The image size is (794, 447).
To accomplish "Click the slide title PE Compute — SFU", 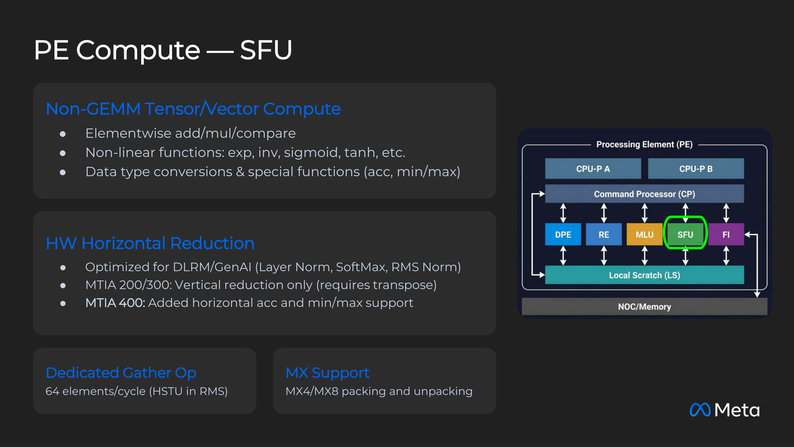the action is click(x=163, y=50).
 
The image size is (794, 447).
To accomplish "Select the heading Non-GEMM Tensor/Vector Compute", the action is click(x=193, y=109).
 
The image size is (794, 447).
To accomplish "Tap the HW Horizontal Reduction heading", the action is click(x=150, y=243).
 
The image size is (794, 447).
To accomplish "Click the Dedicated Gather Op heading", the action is click(x=121, y=373).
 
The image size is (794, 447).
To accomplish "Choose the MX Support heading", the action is click(x=328, y=373).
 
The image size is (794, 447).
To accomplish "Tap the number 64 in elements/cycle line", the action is click(x=52, y=391).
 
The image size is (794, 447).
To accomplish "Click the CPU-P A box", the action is click(x=593, y=169).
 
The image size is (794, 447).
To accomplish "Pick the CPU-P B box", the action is click(x=696, y=169).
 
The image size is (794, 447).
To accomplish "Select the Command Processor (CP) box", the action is click(x=644, y=194).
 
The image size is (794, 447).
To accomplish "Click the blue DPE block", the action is click(x=563, y=234).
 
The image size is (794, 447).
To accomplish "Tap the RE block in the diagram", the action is click(x=604, y=234).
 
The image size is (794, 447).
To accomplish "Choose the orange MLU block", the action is click(x=644, y=234).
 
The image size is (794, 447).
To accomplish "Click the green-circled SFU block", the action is click(x=685, y=234).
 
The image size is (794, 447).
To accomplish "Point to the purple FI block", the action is click(x=726, y=234).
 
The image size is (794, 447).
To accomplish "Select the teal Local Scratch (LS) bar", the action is click(x=644, y=275).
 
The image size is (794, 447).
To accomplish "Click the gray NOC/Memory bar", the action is click(x=644, y=307).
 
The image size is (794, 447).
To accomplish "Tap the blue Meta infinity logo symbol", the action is click(x=700, y=410).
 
